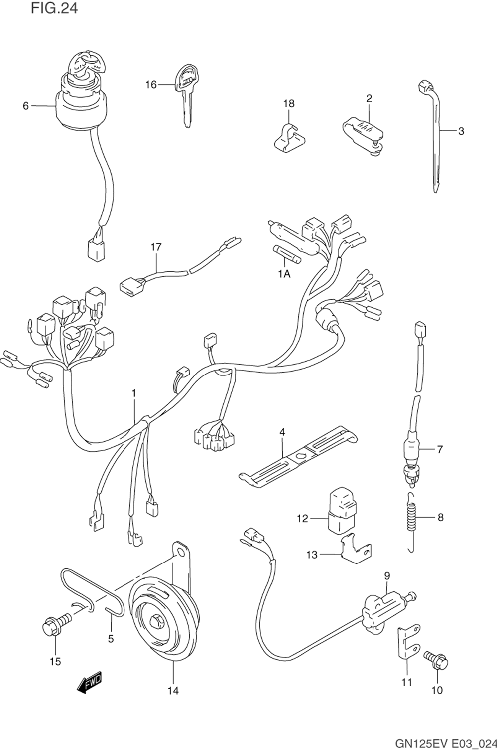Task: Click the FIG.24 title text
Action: point(54,8)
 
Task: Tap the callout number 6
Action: point(26,106)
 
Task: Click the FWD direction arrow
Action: point(90,682)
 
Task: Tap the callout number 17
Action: point(156,246)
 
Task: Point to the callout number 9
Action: point(387,576)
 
